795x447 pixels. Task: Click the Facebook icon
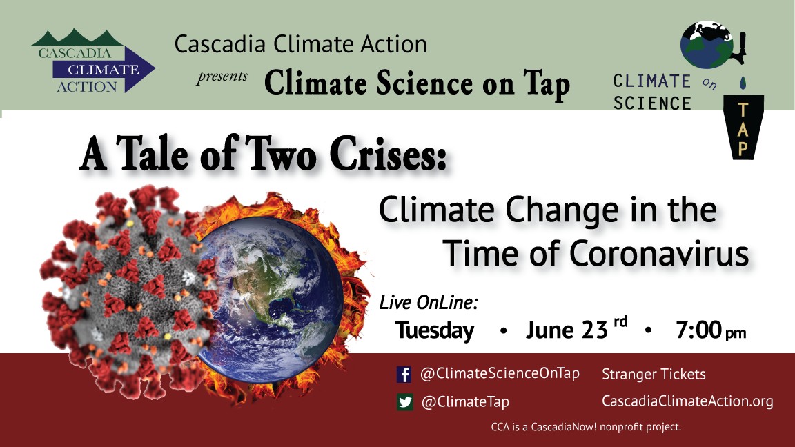click(x=404, y=375)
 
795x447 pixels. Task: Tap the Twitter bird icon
click(x=404, y=402)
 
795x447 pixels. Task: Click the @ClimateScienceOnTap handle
click(x=500, y=373)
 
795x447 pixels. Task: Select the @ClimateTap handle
click(x=465, y=402)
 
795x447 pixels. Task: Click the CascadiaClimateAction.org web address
click(x=687, y=401)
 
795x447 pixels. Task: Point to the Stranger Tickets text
click(x=654, y=374)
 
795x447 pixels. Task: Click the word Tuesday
click(x=435, y=330)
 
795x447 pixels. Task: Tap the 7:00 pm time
click(x=711, y=330)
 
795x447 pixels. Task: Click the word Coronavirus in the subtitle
click(x=659, y=253)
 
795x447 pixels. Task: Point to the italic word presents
click(x=222, y=77)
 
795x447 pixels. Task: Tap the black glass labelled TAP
click(x=743, y=127)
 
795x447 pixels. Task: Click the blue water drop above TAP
click(x=743, y=83)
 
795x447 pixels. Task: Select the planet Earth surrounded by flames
click(x=271, y=293)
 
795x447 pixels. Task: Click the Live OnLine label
click(x=429, y=303)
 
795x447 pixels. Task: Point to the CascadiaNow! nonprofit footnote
click(x=586, y=427)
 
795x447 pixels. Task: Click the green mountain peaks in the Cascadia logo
click(x=77, y=38)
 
